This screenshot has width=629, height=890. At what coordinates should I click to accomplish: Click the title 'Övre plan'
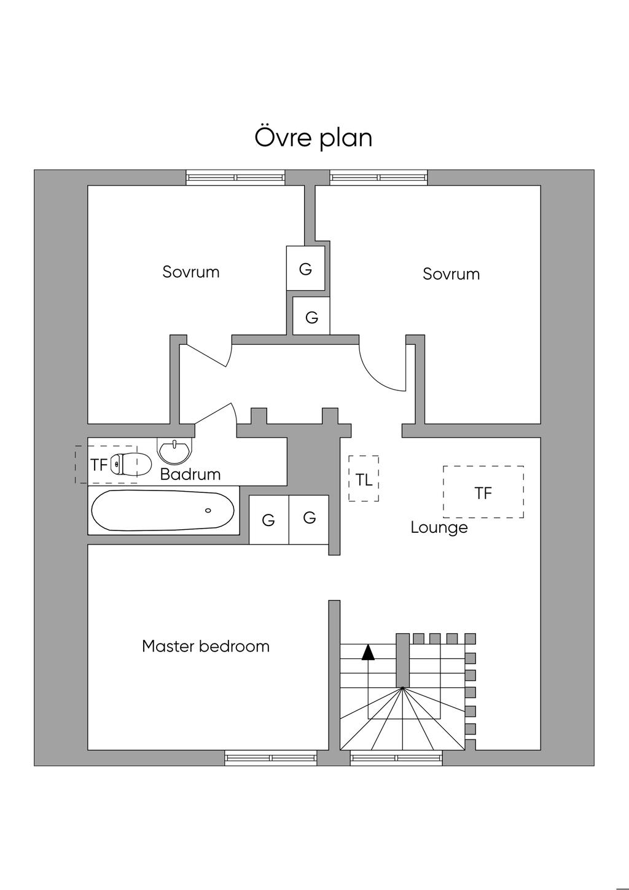pyautogui.click(x=313, y=138)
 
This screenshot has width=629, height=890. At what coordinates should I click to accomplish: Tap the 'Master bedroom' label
pyautogui.click(x=206, y=647)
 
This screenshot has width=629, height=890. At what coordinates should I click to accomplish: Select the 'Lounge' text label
pyautogui.click(x=439, y=527)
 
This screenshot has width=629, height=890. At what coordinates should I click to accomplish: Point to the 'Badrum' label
pyautogui.click(x=190, y=475)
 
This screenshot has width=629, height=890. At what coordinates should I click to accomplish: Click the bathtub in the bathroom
pyautogui.click(x=163, y=510)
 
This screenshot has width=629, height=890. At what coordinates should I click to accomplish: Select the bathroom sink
pyautogui.click(x=175, y=451)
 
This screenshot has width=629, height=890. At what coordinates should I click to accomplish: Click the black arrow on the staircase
pyautogui.click(x=368, y=652)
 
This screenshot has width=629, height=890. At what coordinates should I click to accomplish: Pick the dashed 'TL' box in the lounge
pyautogui.click(x=364, y=479)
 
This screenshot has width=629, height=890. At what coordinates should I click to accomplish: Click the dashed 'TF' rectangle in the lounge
pyautogui.click(x=483, y=492)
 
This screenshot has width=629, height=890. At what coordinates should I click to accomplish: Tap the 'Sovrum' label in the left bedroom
pyautogui.click(x=191, y=272)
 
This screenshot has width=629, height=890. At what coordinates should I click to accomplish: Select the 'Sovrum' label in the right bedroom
pyautogui.click(x=451, y=274)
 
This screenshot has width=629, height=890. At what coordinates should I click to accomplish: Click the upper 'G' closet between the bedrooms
pyautogui.click(x=305, y=268)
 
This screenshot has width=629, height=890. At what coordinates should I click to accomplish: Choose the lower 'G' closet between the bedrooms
pyautogui.click(x=311, y=317)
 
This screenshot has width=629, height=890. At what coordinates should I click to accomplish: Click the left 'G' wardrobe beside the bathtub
pyautogui.click(x=268, y=520)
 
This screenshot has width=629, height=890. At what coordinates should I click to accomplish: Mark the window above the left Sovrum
pyautogui.click(x=236, y=178)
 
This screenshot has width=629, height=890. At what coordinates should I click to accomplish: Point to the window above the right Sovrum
pyautogui.click(x=379, y=178)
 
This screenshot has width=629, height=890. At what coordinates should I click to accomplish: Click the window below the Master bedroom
pyautogui.click(x=271, y=758)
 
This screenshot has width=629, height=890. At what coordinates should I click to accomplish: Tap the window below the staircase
pyautogui.click(x=396, y=758)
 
